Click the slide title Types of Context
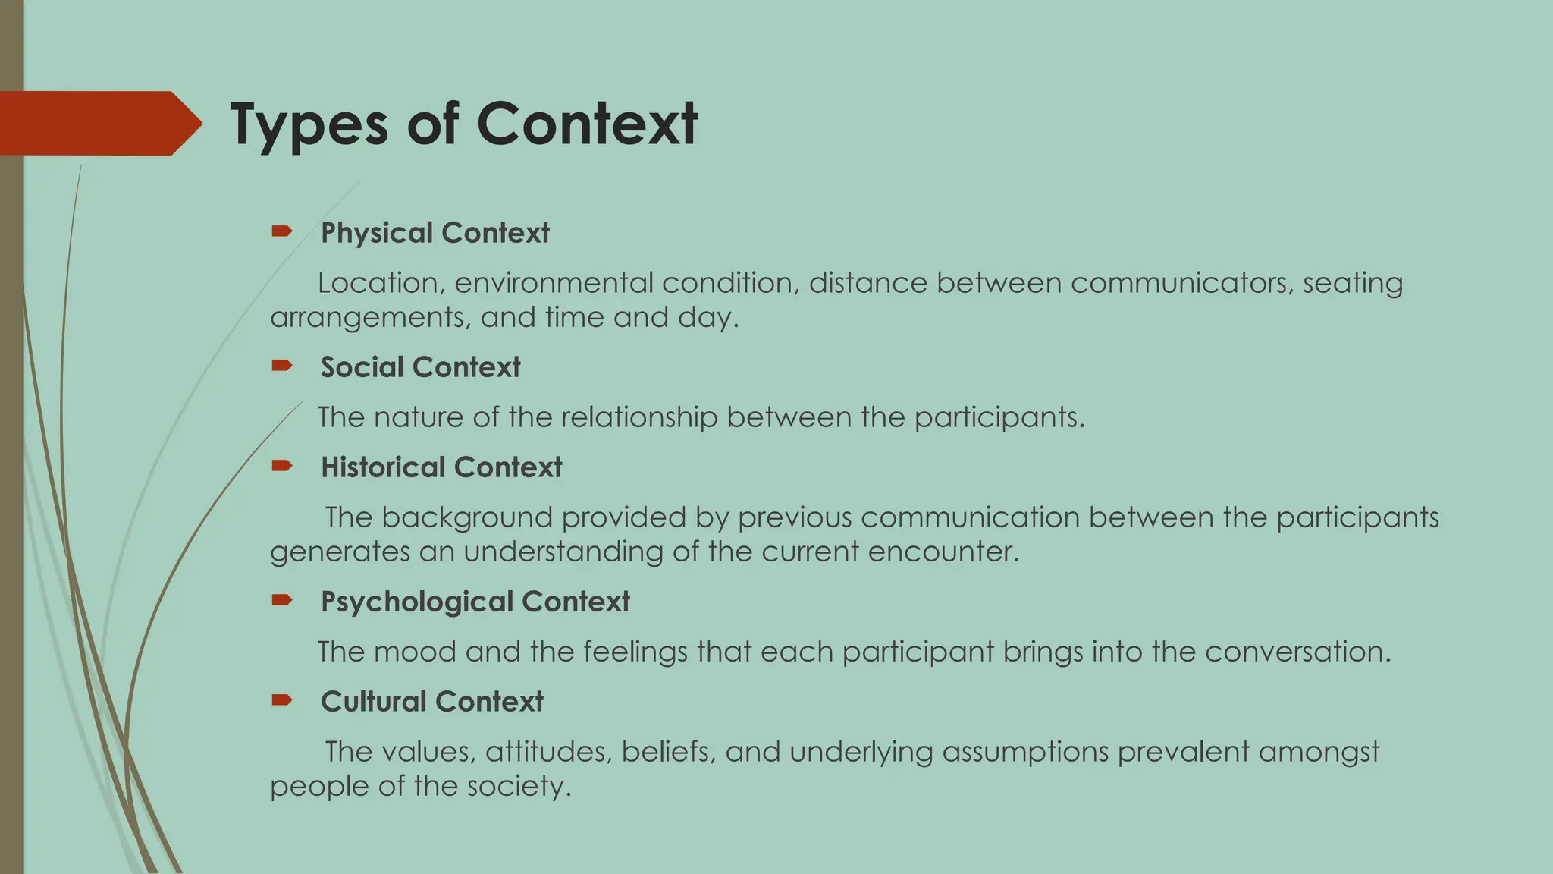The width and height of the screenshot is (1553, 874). [463, 124]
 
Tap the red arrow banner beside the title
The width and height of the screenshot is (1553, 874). [99, 124]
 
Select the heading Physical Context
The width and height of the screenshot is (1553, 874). [435, 233]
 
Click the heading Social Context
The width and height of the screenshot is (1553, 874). [420, 367]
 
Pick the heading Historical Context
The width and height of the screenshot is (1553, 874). [441, 467]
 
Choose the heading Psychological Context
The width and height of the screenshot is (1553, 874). [475, 602]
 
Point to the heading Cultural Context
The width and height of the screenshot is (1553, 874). [431, 702]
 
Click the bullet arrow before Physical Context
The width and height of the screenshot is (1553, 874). [281, 231]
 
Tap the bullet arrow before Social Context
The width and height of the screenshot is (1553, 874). [281, 366]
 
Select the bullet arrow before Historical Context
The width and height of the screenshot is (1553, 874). [281, 466]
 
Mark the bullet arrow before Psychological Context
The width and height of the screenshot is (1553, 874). [281, 600]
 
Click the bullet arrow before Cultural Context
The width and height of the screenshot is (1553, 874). [281, 700]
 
